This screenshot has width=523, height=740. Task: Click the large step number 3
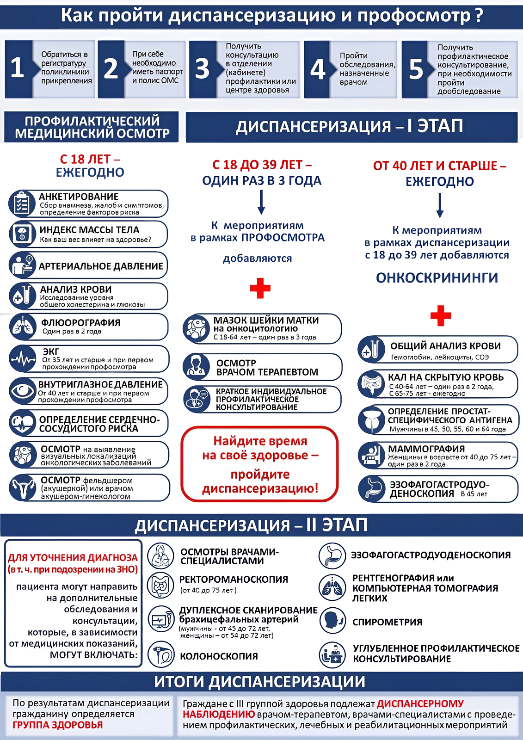coord(202,69)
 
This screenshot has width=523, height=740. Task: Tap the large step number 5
coord(416,69)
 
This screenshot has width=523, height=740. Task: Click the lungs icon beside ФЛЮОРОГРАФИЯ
coord(23,327)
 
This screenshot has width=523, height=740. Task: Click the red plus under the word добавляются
coord(260,288)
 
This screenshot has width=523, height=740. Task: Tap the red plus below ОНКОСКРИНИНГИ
coord(440,315)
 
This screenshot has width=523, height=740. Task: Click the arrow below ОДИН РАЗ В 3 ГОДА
coord(261,202)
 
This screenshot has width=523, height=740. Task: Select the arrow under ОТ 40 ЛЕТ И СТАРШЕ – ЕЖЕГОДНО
coord(440,205)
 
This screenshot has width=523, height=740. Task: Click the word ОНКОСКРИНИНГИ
coord(437,277)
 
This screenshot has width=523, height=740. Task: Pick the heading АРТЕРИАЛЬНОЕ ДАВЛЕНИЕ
coord(101,266)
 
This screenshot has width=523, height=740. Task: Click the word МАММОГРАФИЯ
coord(426,449)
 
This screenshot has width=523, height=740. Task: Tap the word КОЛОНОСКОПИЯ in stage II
coord(219,656)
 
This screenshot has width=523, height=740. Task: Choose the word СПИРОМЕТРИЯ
coord(388,622)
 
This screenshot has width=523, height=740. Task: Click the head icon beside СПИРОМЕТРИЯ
coord(332,620)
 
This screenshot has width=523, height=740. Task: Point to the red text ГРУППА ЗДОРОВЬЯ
coord(57,725)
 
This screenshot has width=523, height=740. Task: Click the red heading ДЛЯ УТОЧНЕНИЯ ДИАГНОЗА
coord(73,557)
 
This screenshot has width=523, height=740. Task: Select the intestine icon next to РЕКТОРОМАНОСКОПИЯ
coord(160,585)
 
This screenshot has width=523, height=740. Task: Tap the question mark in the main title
coord(479,16)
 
